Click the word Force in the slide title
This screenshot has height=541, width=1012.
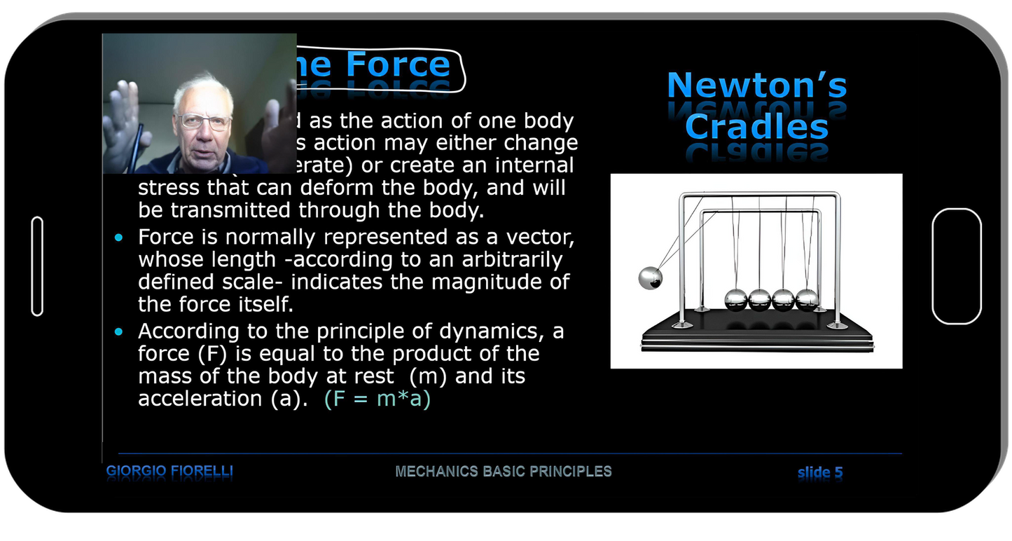(x=398, y=64)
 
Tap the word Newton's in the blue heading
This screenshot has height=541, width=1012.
(x=756, y=85)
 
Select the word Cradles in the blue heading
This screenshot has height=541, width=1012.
(x=756, y=127)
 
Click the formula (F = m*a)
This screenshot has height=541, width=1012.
(x=377, y=399)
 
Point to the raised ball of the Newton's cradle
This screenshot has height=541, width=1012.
(x=650, y=278)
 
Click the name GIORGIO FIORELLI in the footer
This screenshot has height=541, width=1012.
(x=169, y=472)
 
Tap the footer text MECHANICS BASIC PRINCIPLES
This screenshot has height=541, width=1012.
(x=503, y=472)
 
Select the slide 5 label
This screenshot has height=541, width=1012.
(x=819, y=472)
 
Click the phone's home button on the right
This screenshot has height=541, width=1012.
(x=956, y=266)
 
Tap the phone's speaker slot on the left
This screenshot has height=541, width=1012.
(x=38, y=266)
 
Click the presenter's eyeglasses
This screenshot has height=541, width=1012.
(x=203, y=122)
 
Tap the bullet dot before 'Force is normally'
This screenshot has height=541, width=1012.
(x=118, y=238)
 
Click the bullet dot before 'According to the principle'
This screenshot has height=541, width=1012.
(x=118, y=331)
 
